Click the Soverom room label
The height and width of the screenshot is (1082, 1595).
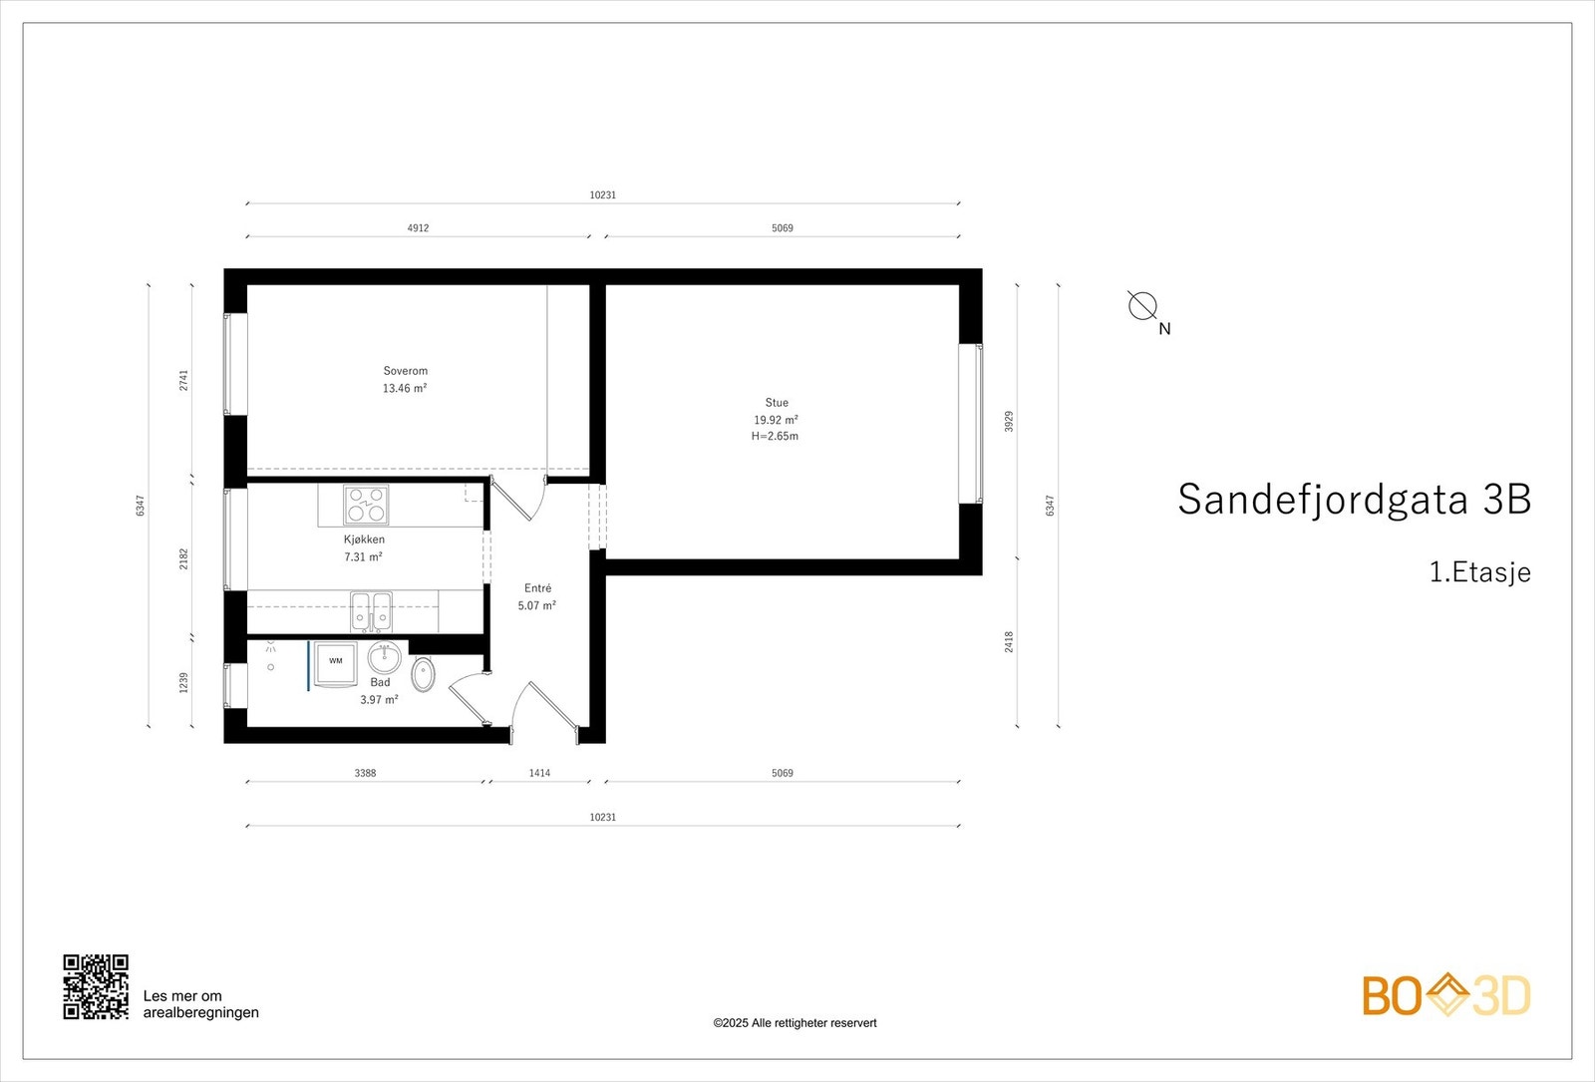[x=405, y=371]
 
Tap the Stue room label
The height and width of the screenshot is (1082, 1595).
[x=777, y=403]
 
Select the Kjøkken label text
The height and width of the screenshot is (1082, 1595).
[x=364, y=540]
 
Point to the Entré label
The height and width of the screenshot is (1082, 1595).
[x=537, y=588]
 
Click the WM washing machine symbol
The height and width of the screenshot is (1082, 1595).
[x=336, y=661]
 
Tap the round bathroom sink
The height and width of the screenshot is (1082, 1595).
[x=384, y=658]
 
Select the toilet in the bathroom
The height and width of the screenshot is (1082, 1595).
[x=424, y=674]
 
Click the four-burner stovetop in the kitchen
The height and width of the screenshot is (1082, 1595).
[x=366, y=505]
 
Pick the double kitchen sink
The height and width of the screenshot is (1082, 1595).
[x=371, y=611]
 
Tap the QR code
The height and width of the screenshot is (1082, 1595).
[x=96, y=987]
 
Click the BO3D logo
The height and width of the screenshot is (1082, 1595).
[x=1446, y=995]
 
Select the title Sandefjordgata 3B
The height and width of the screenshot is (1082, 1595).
[x=1354, y=500]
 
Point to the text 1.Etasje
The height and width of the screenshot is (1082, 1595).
[x=1479, y=572]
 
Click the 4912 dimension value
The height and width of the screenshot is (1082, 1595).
[x=418, y=228]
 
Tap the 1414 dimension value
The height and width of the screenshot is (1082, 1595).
[x=539, y=773]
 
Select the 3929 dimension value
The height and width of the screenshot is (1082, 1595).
[x=1009, y=421]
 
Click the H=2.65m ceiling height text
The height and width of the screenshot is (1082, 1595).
[x=775, y=437]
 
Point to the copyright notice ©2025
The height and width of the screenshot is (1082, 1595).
[x=795, y=1023]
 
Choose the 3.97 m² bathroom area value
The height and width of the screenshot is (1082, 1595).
[x=379, y=700]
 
